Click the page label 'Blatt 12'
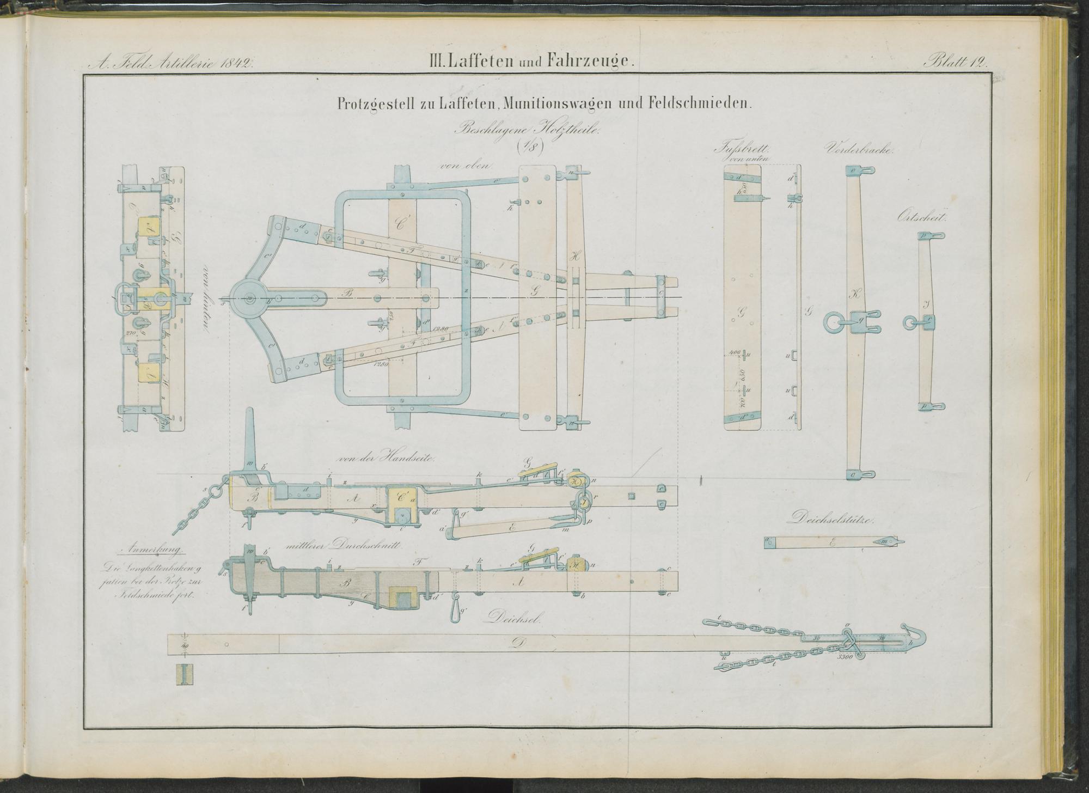pyautogui.click(x=955, y=62)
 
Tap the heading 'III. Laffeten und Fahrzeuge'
pyautogui.click(x=531, y=62)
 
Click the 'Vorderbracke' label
pyautogui.click(x=860, y=149)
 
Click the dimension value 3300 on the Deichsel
pyautogui.click(x=847, y=656)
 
